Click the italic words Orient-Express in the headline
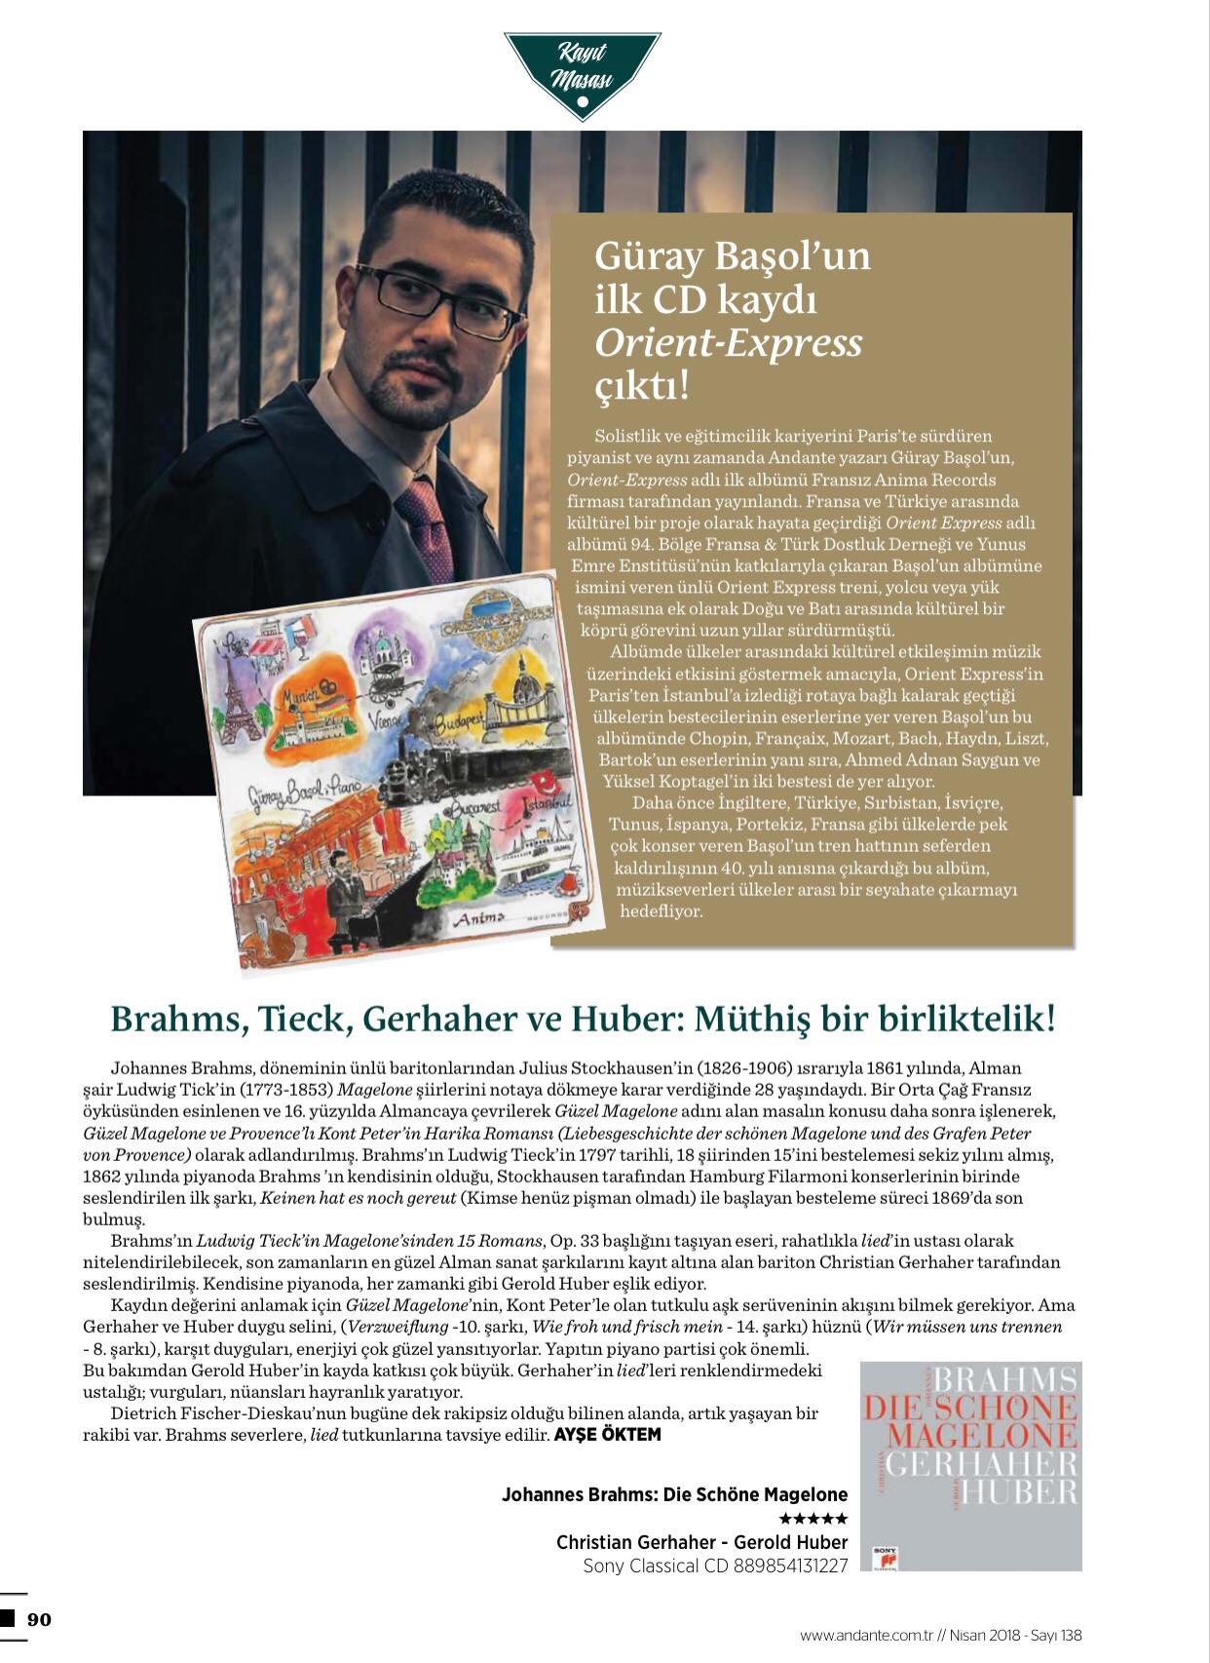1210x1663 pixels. pos(728,342)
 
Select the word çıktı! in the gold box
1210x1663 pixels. pos(642,386)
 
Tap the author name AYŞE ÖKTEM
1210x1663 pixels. pos(607,1435)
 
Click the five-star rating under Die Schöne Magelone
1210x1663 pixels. pos(813,1519)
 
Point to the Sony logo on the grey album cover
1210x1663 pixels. pos(886,1556)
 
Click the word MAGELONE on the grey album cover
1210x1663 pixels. pos(982,1435)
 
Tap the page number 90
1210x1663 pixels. pos(39,1619)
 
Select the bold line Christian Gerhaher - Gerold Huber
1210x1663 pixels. pos(701,1542)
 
